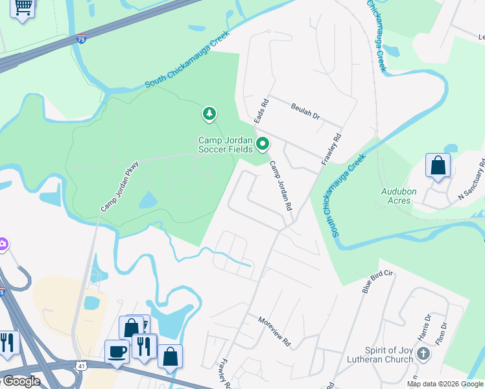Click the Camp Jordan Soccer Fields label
click(x=225, y=144)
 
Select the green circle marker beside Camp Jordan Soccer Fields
click(x=262, y=144)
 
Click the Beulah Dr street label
click(x=305, y=112)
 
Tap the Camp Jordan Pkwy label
click(x=120, y=186)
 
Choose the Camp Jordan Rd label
click(x=281, y=185)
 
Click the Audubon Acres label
click(x=396, y=196)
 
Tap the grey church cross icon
click(x=423, y=354)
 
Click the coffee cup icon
click(x=117, y=351)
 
